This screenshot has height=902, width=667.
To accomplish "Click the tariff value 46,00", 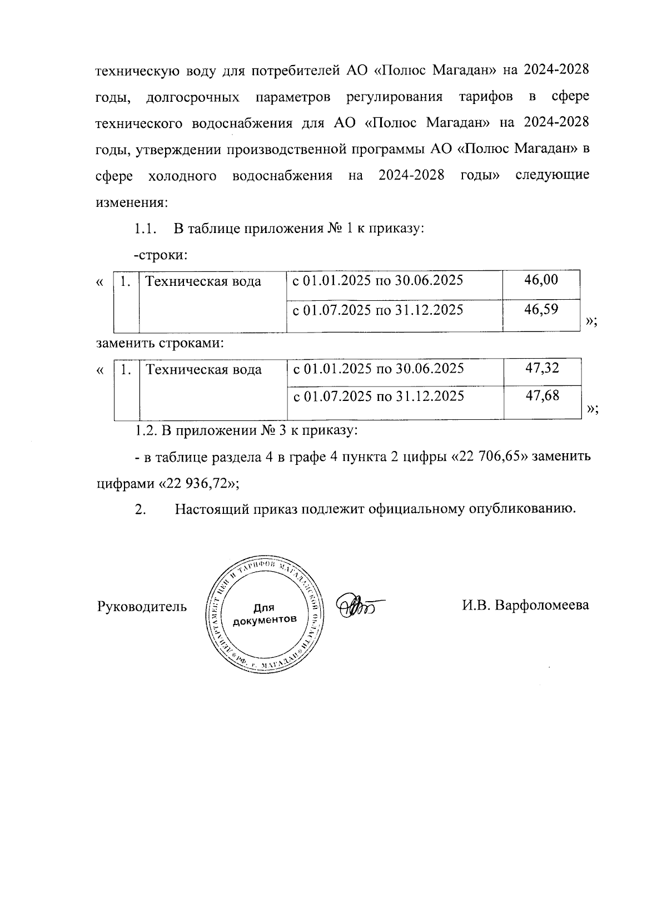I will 541,280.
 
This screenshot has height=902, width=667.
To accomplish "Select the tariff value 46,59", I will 541,309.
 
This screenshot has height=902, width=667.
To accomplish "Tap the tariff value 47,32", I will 542,368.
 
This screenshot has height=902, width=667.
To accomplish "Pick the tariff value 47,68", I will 542,397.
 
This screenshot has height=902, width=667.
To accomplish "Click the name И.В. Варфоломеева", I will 525,605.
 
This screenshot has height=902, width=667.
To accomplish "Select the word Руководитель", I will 142,606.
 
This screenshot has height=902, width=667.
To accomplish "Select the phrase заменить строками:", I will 160,343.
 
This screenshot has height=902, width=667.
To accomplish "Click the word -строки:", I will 160,256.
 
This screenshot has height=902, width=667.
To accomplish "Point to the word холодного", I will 182,176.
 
